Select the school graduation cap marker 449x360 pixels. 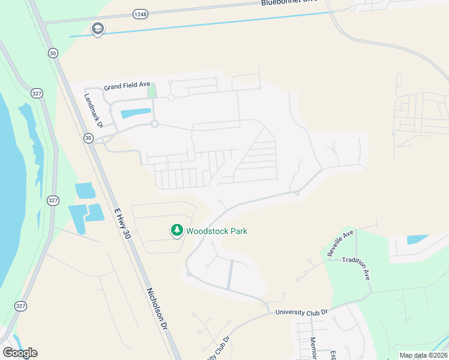coord(97,29)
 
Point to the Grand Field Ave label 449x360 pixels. coord(126,86)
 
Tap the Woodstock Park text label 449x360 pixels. coord(216,231)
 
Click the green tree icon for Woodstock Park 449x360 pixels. coord(176,230)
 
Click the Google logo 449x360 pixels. coord(20,353)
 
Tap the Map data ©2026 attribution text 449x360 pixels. coord(423,355)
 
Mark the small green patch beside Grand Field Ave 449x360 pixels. coord(152,91)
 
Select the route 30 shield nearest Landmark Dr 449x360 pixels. coord(88,138)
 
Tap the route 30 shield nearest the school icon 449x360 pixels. coord(53,53)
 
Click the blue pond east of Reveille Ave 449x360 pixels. coord(417,239)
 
